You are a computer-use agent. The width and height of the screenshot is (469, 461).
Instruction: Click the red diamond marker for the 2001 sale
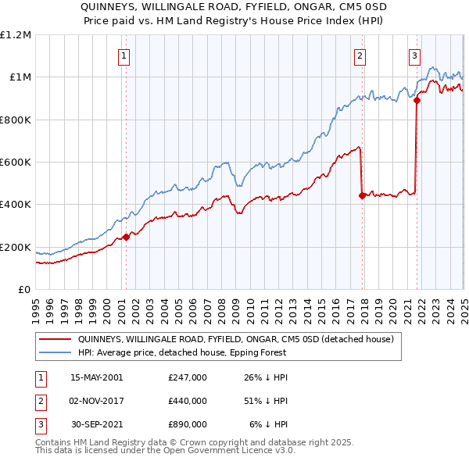pos(126,238)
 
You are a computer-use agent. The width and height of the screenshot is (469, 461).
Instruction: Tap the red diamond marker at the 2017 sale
pos(362,196)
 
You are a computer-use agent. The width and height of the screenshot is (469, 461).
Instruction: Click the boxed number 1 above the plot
pos(125,55)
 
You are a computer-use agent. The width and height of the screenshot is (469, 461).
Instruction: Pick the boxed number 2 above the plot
pos(359,55)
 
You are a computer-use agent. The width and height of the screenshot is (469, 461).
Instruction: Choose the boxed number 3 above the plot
pos(414,55)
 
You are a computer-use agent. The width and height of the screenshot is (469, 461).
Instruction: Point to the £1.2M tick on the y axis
pos(16,35)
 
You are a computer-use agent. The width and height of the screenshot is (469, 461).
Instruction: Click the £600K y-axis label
pos(16,163)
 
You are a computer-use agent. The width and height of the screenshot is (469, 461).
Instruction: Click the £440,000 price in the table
pos(187,401)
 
